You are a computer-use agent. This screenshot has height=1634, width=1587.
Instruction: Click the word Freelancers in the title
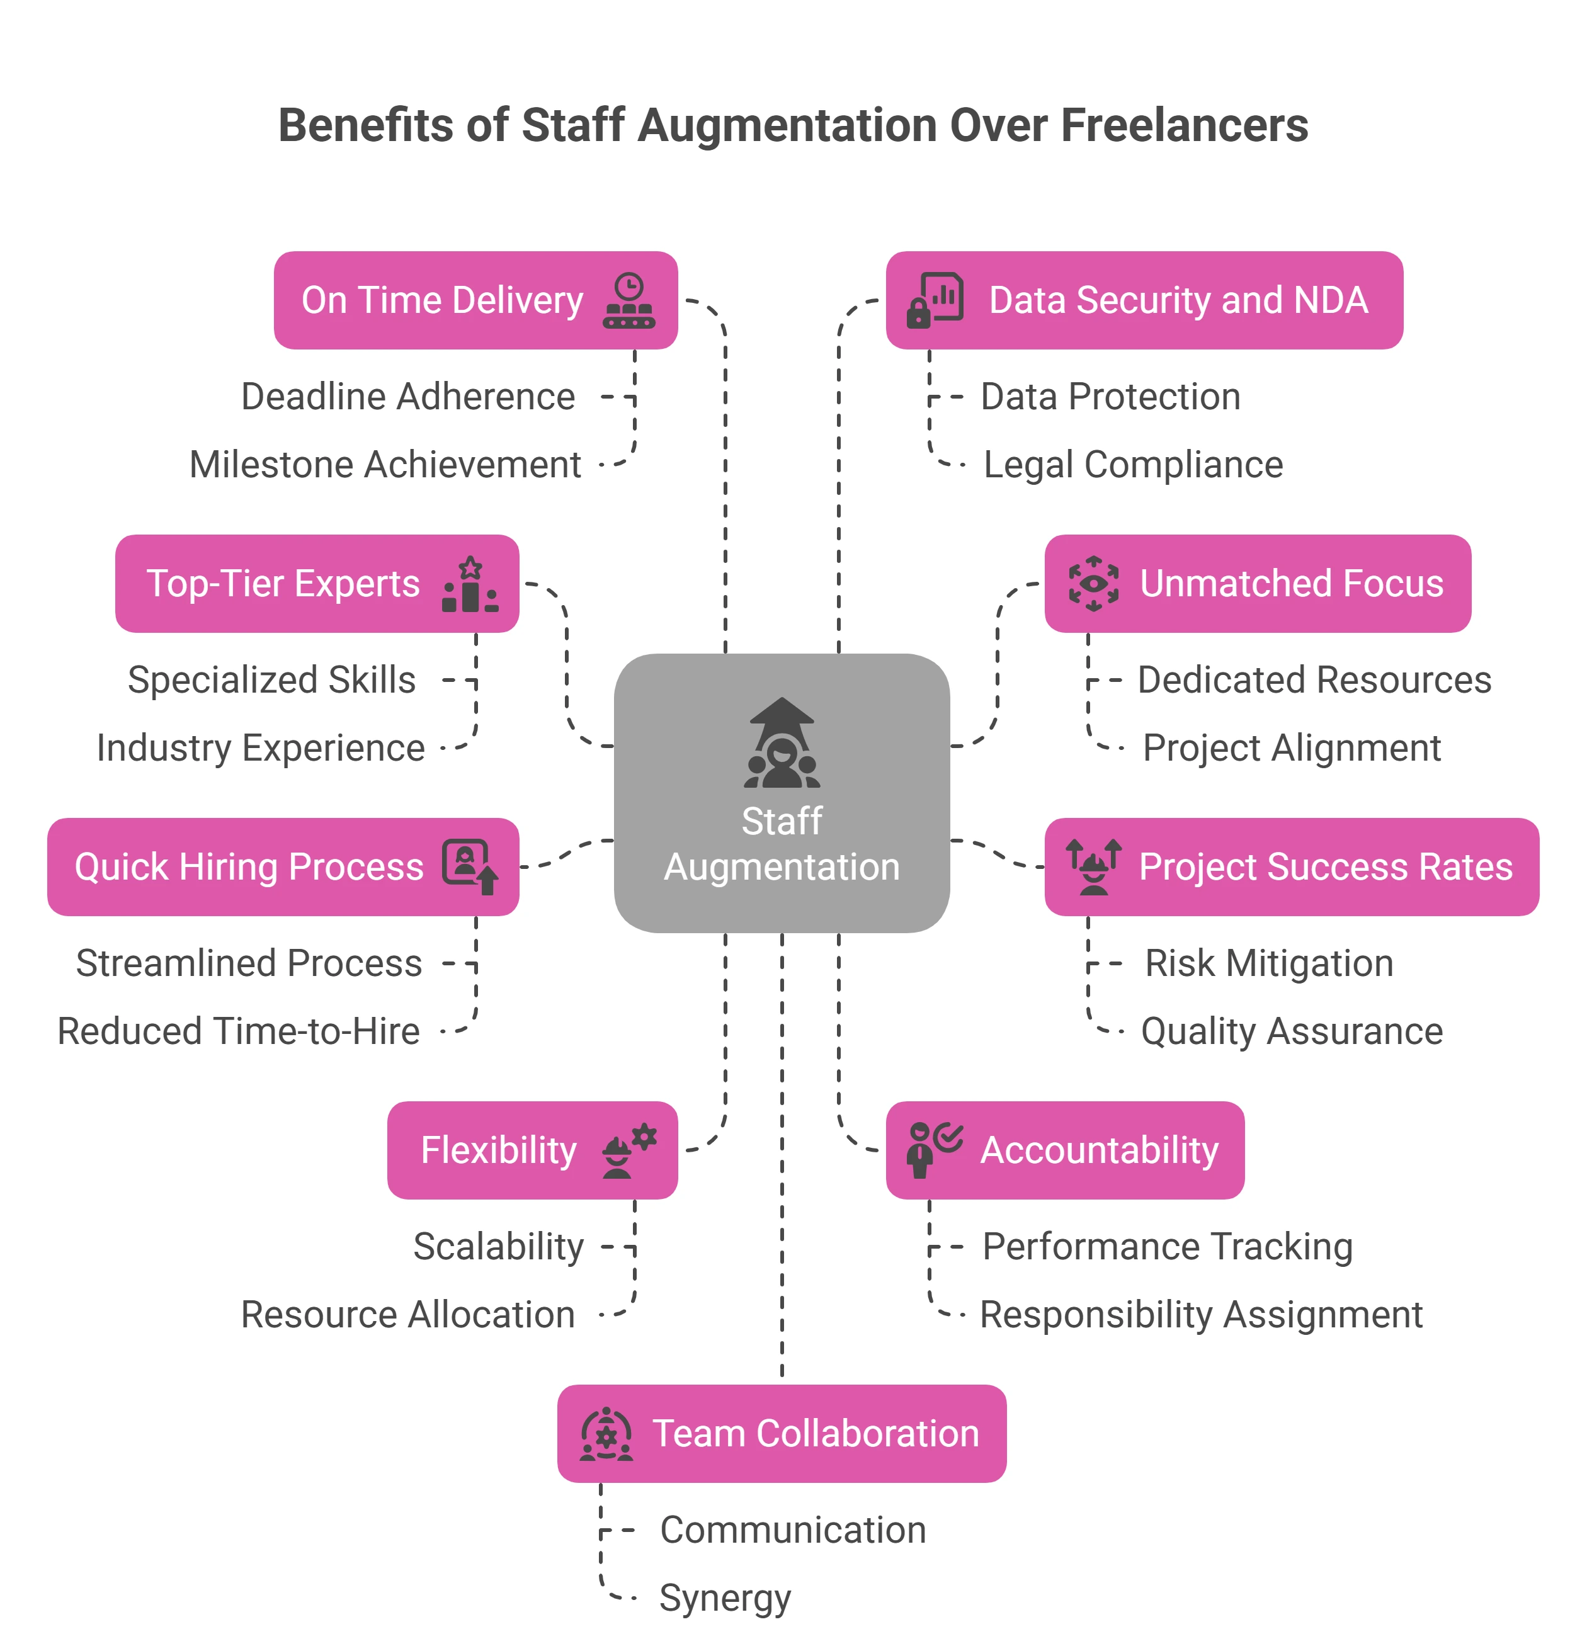1184,126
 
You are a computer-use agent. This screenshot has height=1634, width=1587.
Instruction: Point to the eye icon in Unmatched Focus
1093,584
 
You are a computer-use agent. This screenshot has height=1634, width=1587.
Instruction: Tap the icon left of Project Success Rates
1093,866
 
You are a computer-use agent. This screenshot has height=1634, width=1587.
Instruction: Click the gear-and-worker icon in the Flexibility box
630,1150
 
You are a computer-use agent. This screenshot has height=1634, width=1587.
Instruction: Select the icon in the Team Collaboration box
606,1434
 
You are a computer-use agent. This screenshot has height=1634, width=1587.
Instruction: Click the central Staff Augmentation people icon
782,744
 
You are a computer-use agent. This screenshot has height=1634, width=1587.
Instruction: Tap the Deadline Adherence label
408,397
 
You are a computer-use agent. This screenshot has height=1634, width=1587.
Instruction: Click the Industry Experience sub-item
260,748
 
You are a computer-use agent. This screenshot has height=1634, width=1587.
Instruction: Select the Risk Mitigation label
1268,964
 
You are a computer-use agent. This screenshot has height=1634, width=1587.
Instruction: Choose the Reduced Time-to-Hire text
239,1031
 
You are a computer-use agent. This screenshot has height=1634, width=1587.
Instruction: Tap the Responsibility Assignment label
1201,1315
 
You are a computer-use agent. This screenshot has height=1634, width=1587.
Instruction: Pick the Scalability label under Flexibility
498,1247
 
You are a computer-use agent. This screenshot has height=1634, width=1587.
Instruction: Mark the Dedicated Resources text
1314,680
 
